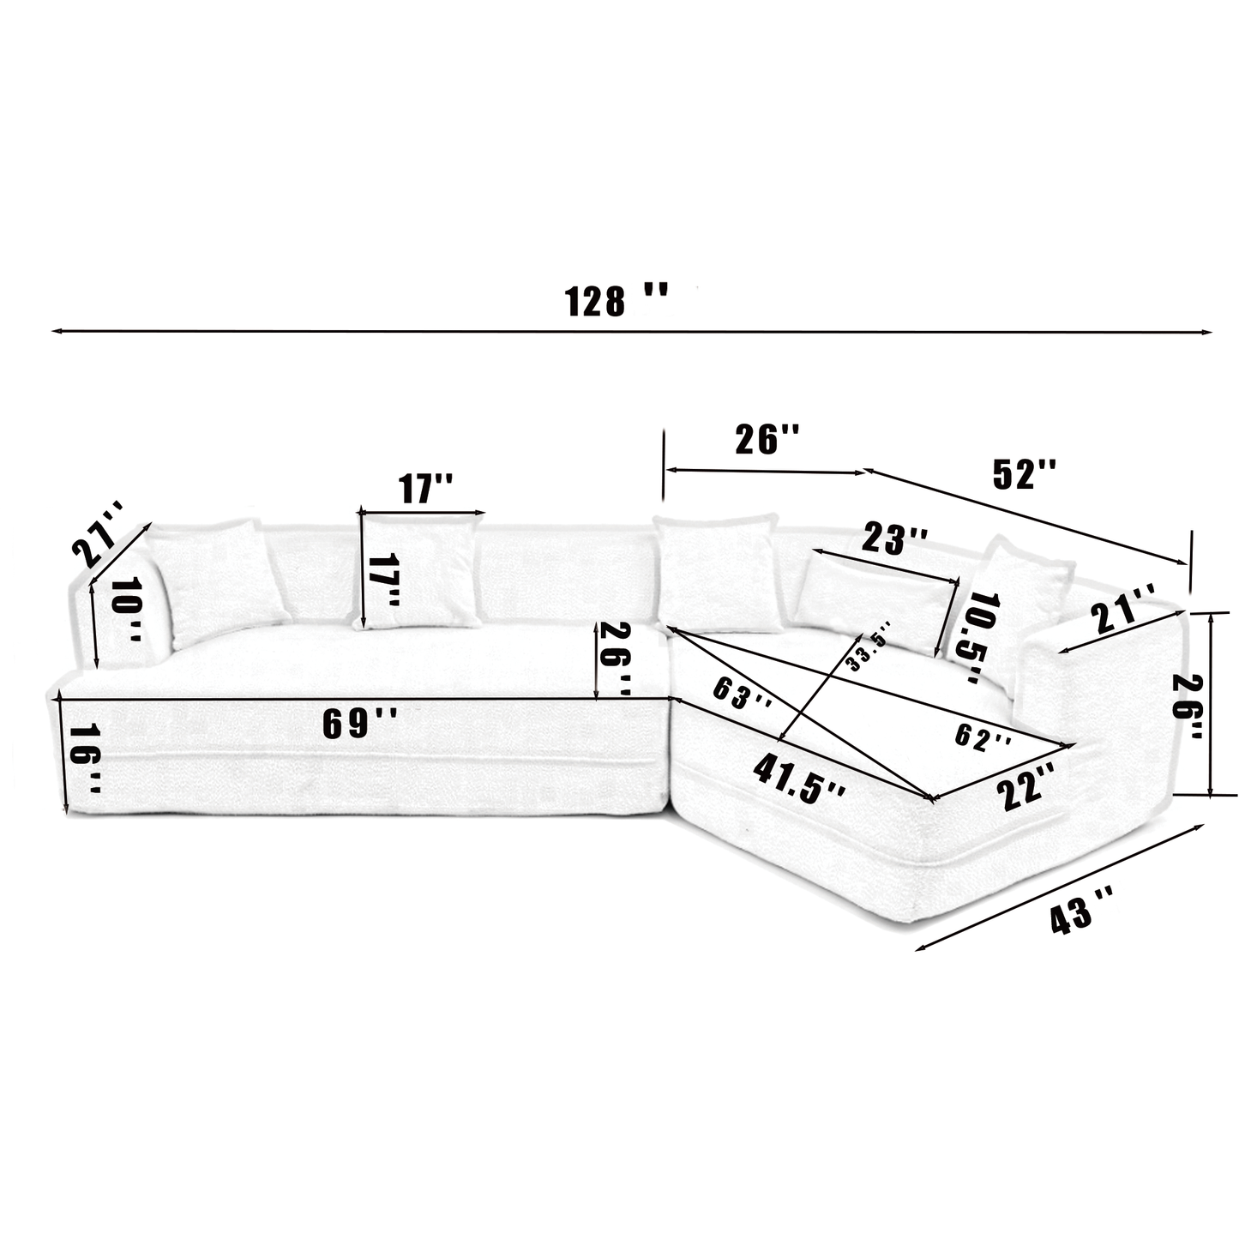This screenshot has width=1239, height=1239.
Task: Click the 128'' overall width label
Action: (615, 301)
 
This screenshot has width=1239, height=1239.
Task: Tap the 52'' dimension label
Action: (1024, 473)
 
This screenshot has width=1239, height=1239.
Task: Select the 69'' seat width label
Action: (358, 723)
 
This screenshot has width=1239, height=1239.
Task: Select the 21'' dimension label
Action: (1123, 609)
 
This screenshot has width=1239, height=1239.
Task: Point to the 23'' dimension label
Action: (894, 540)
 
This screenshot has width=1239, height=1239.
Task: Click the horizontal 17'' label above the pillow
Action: (425, 489)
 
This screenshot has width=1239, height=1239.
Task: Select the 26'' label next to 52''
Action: (767, 439)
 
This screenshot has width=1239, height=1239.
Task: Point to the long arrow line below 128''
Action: (632, 331)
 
